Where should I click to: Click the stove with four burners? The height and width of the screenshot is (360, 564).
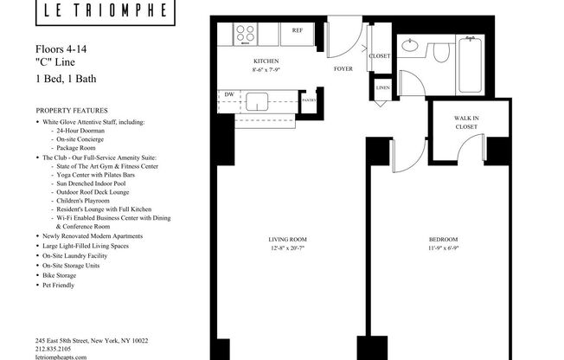point(246,35)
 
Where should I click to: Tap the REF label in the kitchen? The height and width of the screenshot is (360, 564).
point(297,30)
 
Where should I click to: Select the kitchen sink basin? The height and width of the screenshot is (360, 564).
point(258,102)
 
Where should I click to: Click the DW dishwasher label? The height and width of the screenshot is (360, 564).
point(229,94)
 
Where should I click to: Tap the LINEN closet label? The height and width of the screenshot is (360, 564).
point(381,88)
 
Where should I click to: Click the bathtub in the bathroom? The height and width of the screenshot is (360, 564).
point(470,65)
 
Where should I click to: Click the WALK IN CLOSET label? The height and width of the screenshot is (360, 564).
point(466,122)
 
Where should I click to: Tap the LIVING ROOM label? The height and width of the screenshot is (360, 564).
point(287,239)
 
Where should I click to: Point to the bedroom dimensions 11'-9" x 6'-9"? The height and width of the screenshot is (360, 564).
point(443,248)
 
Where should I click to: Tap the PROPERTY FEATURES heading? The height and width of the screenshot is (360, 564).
point(72,112)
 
